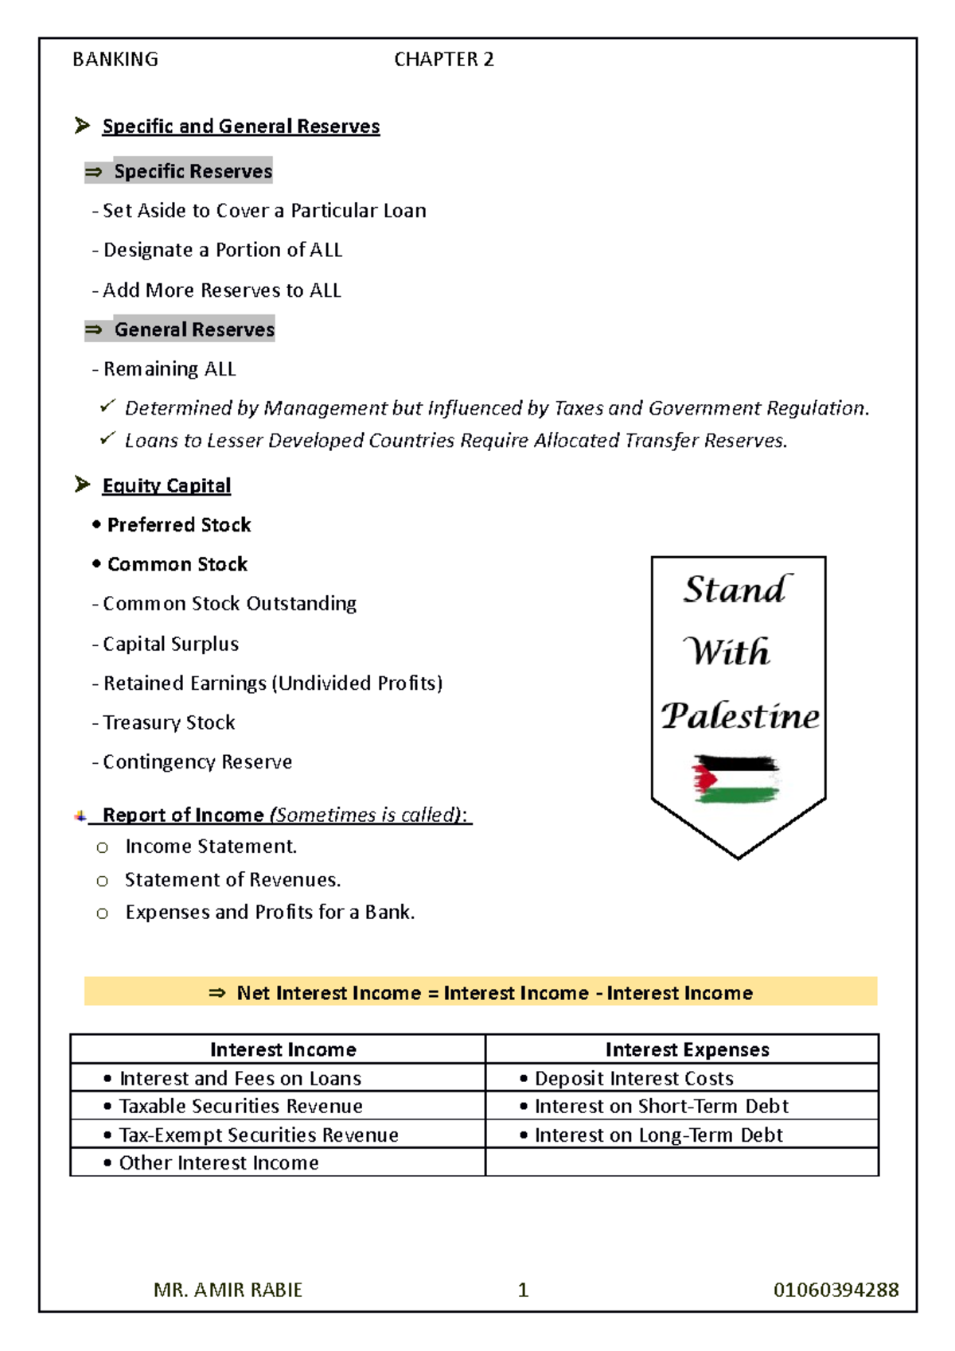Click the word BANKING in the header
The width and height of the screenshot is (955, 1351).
pyautogui.click(x=115, y=60)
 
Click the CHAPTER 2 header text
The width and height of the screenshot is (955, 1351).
pyautogui.click(x=443, y=60)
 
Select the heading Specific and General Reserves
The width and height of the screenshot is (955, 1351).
pyautogui.click(x=240, y=127)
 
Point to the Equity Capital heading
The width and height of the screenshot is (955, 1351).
pyautogui.click(x=166, y=485)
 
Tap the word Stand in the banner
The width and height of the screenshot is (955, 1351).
pyautogui.click(x=736, y=590)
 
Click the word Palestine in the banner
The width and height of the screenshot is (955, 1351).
pyautogui.click(x=740, y=716)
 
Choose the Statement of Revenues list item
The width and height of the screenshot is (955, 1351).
pyautogui.click(x=232, y=880)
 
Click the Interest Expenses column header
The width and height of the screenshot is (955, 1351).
pyautogui.click(x=687, y=1049)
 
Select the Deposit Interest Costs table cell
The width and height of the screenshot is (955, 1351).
pyautogui.click(x=633, y=1079)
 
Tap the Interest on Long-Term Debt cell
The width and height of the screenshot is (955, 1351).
pyautogui.click(x=658, y=1135)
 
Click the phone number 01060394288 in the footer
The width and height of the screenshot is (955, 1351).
pyautogui.click(x=836, y=1290)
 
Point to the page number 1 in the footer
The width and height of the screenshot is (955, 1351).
pyautogui.click(x=523, y=1290)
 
